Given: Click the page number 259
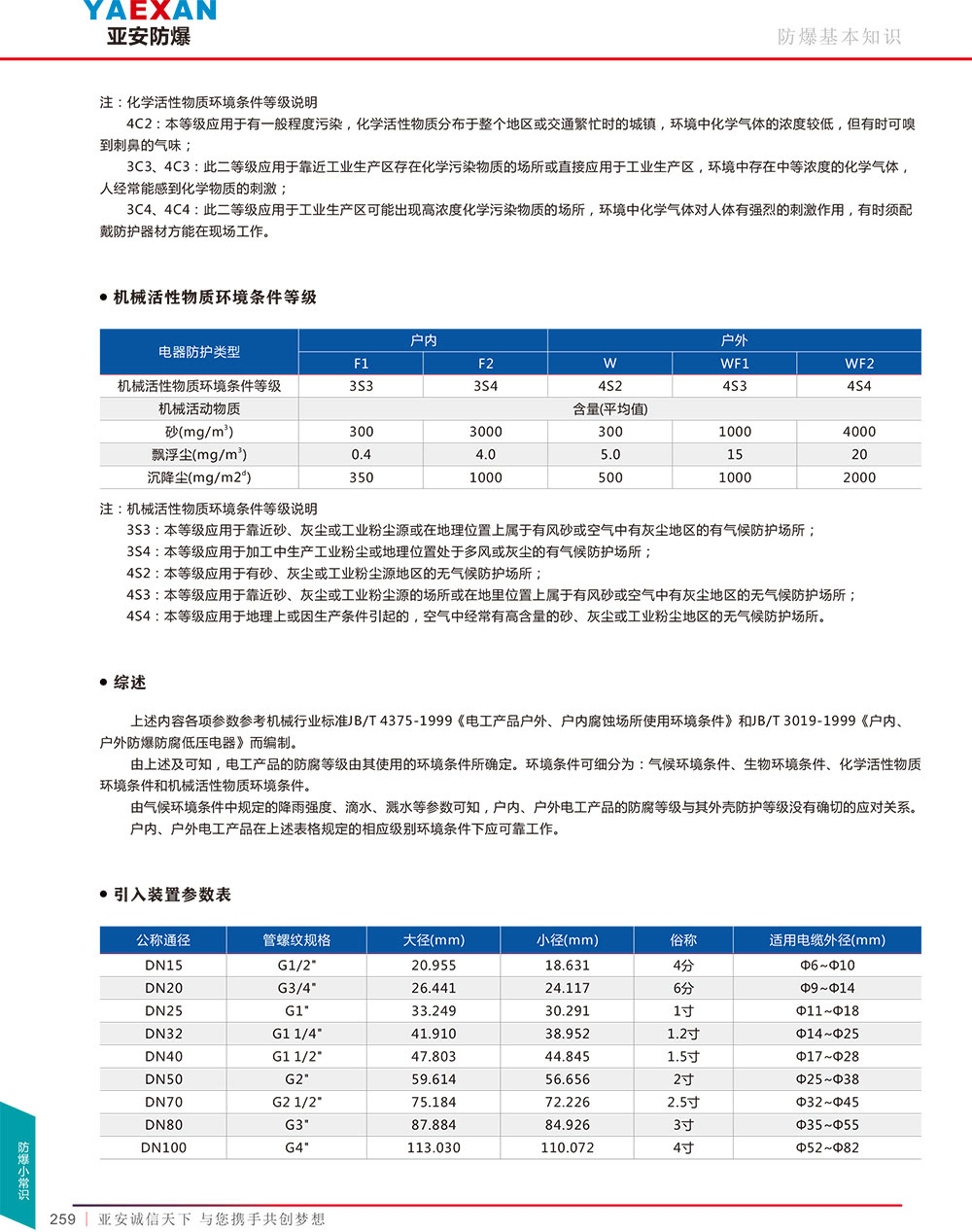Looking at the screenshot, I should [x=62, y=1219].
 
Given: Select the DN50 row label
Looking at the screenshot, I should [x=163, y=1079].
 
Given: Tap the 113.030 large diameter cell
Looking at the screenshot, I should [x=434, y=1147].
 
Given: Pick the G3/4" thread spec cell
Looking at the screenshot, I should [x=296, y=988].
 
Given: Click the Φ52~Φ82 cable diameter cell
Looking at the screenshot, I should [x=827, y=1147].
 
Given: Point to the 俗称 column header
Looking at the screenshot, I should [x=683, y=940].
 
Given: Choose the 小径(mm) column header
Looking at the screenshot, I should [x=568, y=940].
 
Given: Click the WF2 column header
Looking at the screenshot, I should [x=859, y=364].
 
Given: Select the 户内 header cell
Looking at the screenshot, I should [x=424, y=340].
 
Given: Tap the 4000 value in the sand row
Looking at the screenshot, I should [x=859, y=432].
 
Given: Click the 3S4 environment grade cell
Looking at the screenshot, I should [x=486, y=386].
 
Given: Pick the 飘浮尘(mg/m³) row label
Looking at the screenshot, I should [x=199, y=454].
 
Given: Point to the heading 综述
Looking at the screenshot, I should [x=129, y=683].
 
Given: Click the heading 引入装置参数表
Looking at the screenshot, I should [x=172, y=895].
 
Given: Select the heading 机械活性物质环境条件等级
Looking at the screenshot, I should [x=215, y=298].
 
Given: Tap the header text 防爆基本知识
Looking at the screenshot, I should [x=839, y=37].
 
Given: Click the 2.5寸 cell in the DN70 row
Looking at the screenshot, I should [x=683, y=1102].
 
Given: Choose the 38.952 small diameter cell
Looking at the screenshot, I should [x=568, y=1034].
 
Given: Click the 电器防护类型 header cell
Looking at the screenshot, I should [x=199, y=352].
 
